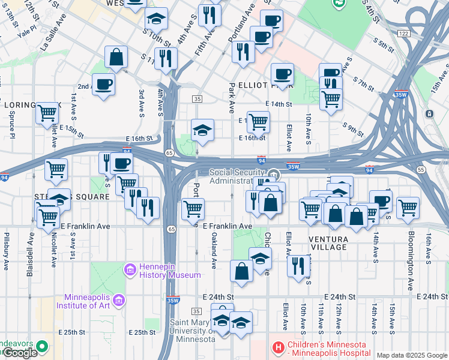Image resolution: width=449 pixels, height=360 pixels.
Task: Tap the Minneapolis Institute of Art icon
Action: pyautogui.click(x=119, y=299)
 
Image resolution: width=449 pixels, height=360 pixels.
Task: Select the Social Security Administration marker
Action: pyautogui.click(x=273, y=175)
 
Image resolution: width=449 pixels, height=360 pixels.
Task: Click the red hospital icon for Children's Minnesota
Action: pyautogui.click(x=277, y=347)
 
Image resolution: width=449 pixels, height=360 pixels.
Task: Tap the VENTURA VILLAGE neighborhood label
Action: pyautogui.click(x=328, y=243)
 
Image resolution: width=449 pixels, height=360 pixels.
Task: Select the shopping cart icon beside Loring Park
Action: pyautogui.click(x=47, y=112)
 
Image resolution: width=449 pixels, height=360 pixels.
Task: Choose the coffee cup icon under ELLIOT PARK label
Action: pyautogui.click(x=282, y=74)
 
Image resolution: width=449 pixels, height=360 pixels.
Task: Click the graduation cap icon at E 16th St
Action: pyautogui.click(x=203, y=129)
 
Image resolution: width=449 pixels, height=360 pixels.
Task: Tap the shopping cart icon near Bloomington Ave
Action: pyautogui.click(x=408, y=207)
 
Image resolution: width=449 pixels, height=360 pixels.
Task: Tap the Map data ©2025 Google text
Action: pyautogui.click(x=411, y=355)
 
